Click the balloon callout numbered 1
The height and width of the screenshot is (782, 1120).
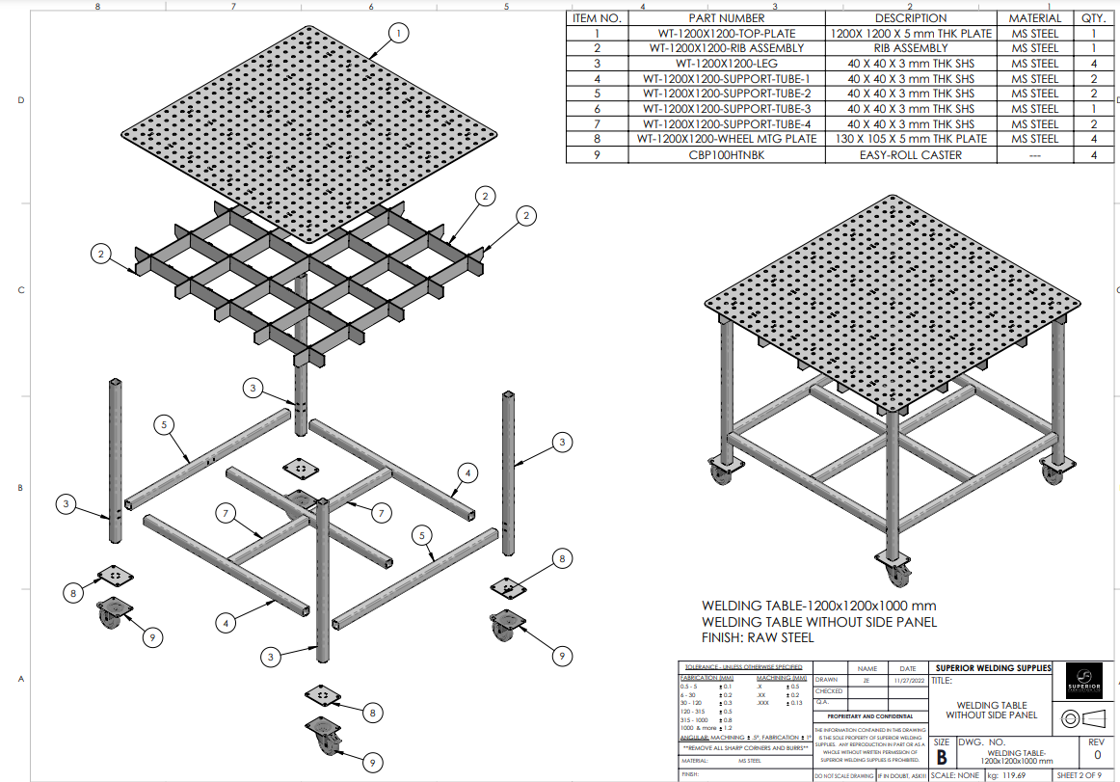(397, 33)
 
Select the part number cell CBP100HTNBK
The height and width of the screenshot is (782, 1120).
(727, 154)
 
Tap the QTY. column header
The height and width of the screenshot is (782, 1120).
(1093, 18)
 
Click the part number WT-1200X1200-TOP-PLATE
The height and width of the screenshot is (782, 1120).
(727, 34)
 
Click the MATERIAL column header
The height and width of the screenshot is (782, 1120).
(1034, 18)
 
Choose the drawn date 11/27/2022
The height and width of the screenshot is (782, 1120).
(908, 680)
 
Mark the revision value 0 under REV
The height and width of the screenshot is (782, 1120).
(1096, 755)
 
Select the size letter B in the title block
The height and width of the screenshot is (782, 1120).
(942, 758)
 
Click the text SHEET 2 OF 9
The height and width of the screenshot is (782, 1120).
(1084, 775)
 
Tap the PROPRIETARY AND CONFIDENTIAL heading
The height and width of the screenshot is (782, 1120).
(870, 716)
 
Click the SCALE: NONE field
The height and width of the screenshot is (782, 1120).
(955, 775)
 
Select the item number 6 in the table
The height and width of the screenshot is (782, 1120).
(597, 109)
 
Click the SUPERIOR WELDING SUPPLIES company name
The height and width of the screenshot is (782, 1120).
(993, 667)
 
